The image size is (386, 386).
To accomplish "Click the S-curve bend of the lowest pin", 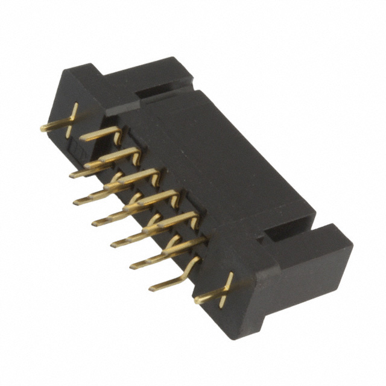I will click(192, 262).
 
